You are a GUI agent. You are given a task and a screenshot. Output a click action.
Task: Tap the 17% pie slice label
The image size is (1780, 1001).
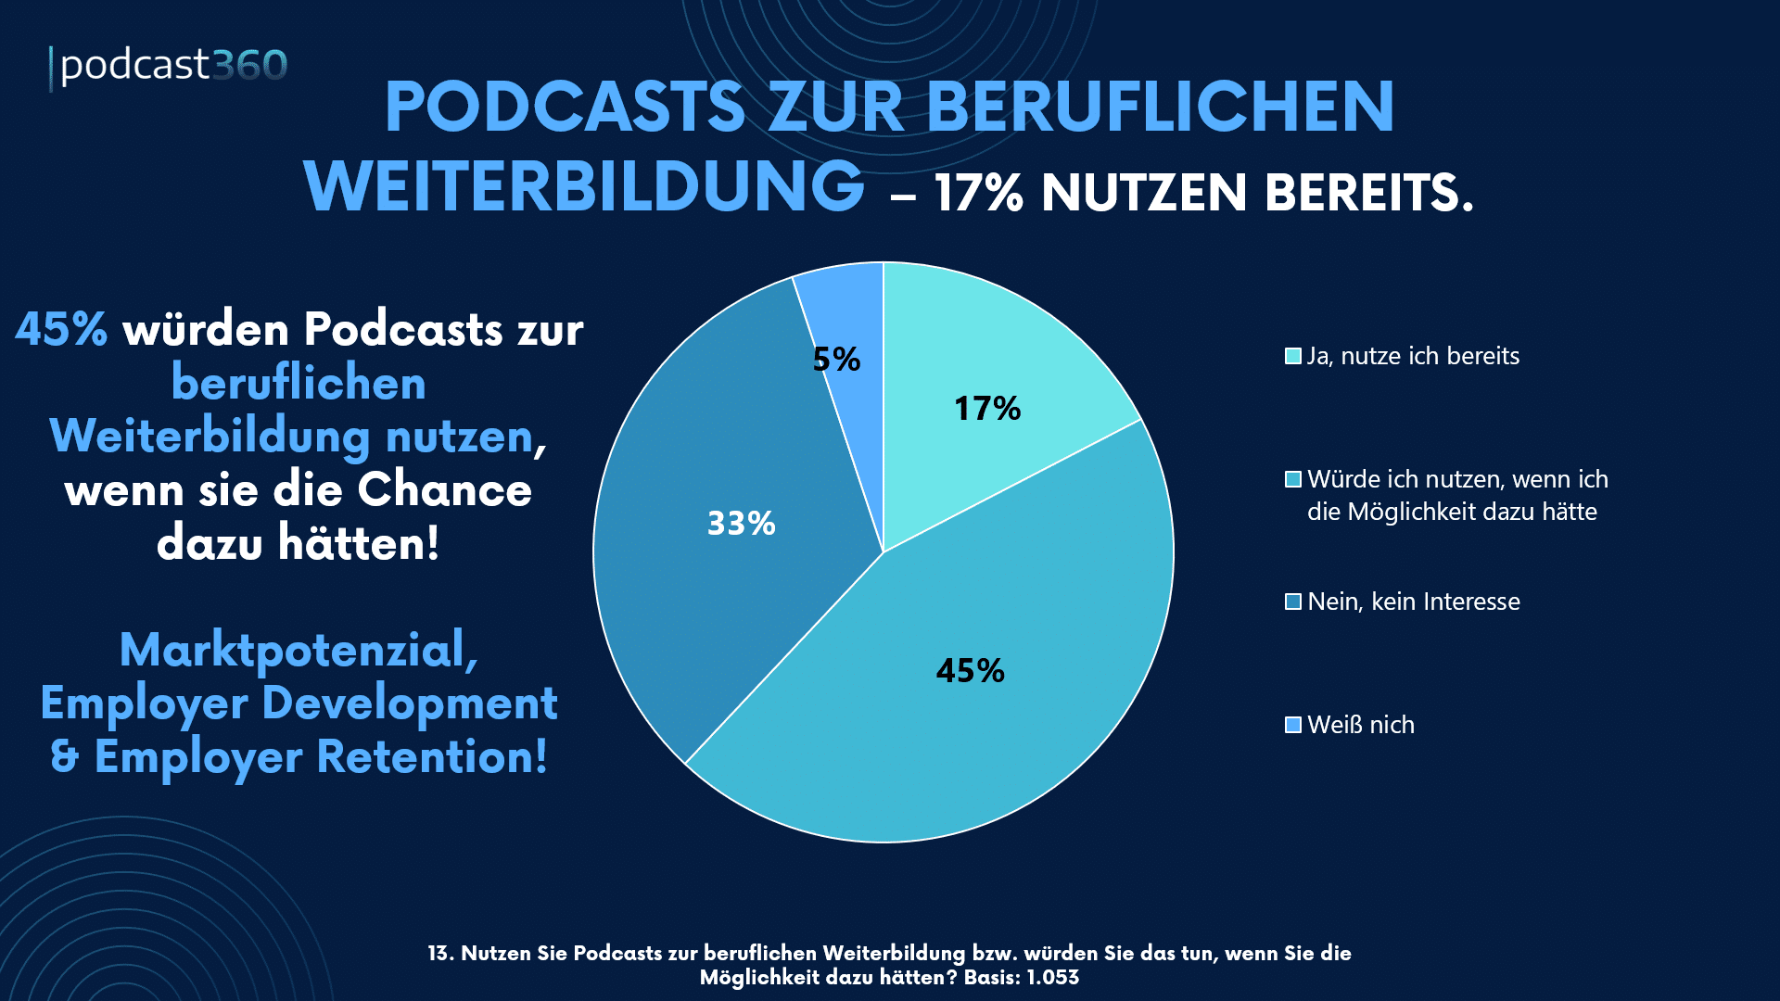[x=987, y=409]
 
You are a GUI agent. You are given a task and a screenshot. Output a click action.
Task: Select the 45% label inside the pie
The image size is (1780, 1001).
[x=970, y=670]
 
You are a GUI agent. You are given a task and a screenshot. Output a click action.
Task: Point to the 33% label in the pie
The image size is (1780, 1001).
[x=741, y=524]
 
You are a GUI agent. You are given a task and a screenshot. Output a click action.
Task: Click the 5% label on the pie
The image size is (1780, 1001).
[x=836, y=360]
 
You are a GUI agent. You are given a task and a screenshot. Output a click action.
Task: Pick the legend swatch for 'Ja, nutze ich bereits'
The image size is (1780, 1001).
[x=1293, y=357]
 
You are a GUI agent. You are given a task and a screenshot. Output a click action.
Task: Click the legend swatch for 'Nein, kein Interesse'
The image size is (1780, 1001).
[x=1293, y=602]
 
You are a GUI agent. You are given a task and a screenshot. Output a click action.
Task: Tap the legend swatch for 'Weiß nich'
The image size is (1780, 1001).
[x=1293, y=725]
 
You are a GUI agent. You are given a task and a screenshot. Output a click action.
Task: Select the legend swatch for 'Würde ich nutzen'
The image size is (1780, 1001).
[x=1293, y=480]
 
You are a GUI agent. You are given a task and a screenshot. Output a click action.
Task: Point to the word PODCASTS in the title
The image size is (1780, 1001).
[x=565, y=108]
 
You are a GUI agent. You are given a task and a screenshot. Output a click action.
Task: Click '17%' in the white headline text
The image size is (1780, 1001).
[x=978, y=194]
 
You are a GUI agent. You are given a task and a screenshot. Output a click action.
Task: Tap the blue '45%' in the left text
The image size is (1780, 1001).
[x=61, y=329]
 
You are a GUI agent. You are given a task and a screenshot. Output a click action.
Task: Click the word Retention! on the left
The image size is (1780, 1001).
[x=432, y=756]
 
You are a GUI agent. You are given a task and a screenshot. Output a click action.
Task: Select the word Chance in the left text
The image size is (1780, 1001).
[x=445, y=490]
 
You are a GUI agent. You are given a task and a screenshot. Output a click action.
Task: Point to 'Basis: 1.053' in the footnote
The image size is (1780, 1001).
[x=1021, y=978]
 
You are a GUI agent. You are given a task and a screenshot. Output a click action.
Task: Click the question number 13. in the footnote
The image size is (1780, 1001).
[x=440, y=954]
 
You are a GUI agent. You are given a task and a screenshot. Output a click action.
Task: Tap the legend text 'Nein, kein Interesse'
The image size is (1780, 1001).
[x=1413, y=602]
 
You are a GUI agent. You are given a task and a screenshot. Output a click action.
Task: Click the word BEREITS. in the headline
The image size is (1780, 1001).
[x=1368, y=194]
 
